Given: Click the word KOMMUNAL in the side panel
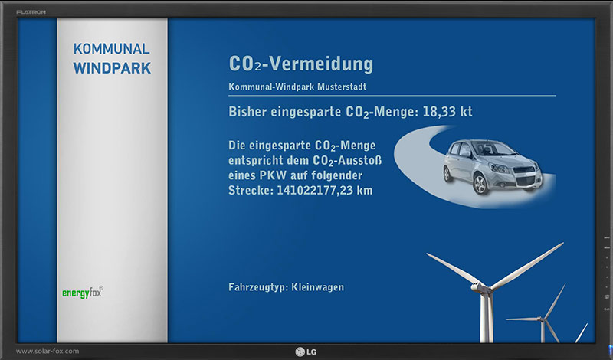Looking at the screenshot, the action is click(111, 49).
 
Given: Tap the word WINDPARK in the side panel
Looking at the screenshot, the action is click(112, 68).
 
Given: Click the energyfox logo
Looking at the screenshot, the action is click(83, 293).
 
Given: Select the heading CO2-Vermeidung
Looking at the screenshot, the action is click(301, 64).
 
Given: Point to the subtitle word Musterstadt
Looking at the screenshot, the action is click(342, 87).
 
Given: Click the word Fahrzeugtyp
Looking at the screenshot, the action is click(258, 288).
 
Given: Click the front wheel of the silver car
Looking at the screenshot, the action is click(480, 184).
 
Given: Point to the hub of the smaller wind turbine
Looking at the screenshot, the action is click(542, 319).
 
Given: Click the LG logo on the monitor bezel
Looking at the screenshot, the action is click(306, 352).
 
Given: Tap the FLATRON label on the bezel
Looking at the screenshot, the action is click(31, 12).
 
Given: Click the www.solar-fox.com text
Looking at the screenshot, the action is click(48, 351).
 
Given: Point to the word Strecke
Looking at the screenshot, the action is click(251, 191).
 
